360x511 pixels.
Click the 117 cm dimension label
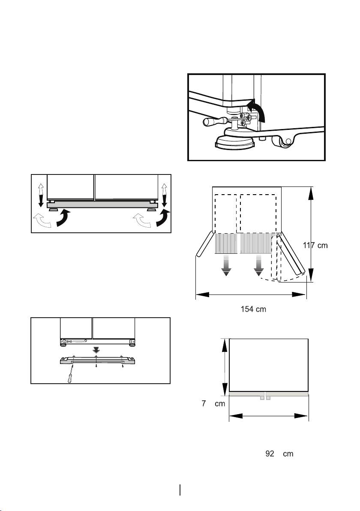point(315,245)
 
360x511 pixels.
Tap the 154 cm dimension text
point(253,309)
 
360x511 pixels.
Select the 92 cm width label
point(279,454)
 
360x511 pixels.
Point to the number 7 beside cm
point(204,403)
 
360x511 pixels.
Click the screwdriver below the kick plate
point(70,375)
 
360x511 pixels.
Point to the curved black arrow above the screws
point(258,109)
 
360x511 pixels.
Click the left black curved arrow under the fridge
point(63,218)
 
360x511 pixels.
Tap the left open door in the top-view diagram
point(204,244)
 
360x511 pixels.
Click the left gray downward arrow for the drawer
point(226,265)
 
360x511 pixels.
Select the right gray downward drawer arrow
point(259,265)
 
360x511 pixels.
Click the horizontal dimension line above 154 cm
point(251,295)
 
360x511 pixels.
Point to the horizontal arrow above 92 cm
point(269,416)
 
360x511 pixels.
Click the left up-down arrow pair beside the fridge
point(41,195)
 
